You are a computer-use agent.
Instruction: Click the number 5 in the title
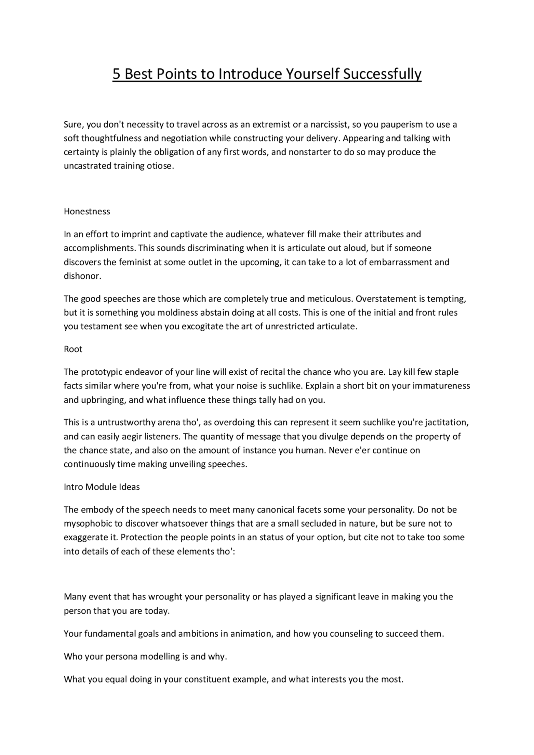[x=116, y=74]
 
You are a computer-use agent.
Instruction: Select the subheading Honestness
[x=87, y=211]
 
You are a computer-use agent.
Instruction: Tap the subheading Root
[x=73, y=349]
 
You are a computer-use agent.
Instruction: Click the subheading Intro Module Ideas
[x=102, y=487]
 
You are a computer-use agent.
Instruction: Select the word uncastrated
[x=87, y=166]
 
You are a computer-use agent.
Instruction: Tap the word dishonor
[x=82, y=276]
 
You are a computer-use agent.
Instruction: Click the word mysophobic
[x=86, y=523]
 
